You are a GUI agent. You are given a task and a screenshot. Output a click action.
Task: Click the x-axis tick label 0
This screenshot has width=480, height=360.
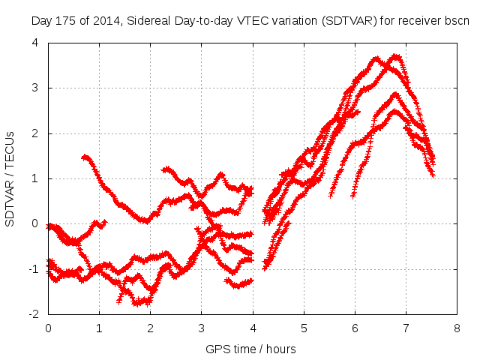click(x=48, y=328)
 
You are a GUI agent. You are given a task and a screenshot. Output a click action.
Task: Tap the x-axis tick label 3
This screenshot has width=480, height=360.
click(x=201, y=328)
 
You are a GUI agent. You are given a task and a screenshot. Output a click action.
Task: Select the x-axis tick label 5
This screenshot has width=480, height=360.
click(x=304, y=328)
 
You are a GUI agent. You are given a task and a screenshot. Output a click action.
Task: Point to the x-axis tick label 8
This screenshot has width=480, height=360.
click(x=457, y=328)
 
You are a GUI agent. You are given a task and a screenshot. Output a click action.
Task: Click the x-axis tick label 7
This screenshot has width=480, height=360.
click(x=406, y=328)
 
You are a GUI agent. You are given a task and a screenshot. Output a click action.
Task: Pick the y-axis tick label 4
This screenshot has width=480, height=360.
click(x=34, y=43)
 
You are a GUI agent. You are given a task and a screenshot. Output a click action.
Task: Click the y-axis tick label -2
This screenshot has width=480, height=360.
click(x=32, y=313)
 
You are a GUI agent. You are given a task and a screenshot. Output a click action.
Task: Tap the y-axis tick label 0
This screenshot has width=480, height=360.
click(x=34, y=223)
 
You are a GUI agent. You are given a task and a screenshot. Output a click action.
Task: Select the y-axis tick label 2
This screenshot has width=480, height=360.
click(x=34, y=133)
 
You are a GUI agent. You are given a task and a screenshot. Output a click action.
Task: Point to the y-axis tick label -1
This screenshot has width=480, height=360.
click(x=32, y=268)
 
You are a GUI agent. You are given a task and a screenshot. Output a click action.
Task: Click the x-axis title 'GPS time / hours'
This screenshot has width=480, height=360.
click(x=251, y=349)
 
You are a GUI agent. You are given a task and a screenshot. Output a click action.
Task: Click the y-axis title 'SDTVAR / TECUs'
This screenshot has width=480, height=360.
click(x=10, y=178)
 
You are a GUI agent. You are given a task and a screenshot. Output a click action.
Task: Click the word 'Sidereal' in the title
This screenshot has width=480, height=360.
click(x=152, y=20)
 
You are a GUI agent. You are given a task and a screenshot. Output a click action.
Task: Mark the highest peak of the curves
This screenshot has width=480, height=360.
click(x=396, y=55)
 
